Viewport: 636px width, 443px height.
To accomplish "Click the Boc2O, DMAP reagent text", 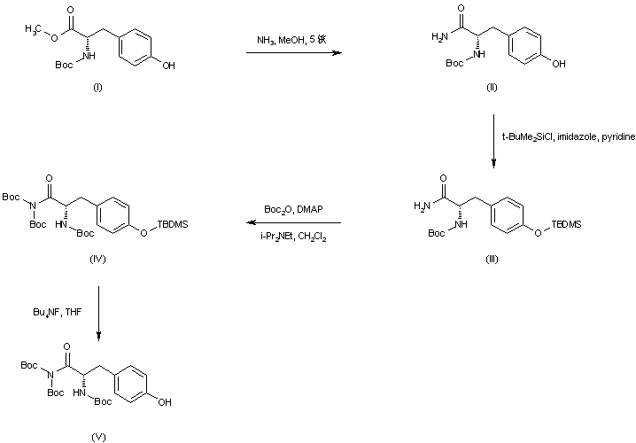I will click(x=289, y=209).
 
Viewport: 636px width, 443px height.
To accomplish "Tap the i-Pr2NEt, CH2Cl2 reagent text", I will click(x=289, y=236).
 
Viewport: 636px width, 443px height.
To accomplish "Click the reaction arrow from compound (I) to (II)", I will click(x=293, y=53).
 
